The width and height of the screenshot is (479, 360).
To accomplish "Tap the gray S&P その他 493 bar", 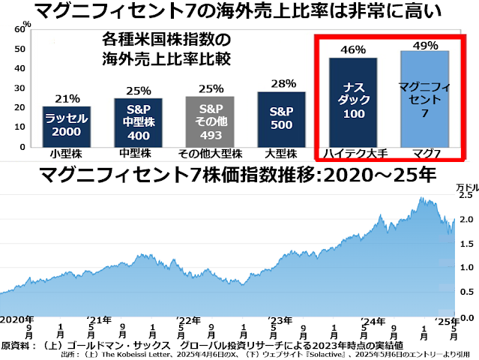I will (x=210, y=121).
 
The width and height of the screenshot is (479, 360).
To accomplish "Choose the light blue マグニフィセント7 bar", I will (x=424, y=98).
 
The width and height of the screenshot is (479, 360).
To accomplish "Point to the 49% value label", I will (x=424, y=44).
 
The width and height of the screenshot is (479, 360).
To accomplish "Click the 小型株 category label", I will (x=67, y=154).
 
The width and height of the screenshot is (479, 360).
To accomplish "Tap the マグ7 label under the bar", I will (x=424, y=154).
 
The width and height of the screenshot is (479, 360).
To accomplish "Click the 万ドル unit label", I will (x=466, y=185).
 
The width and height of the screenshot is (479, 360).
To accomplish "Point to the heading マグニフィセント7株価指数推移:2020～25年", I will (x=239, y=177).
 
